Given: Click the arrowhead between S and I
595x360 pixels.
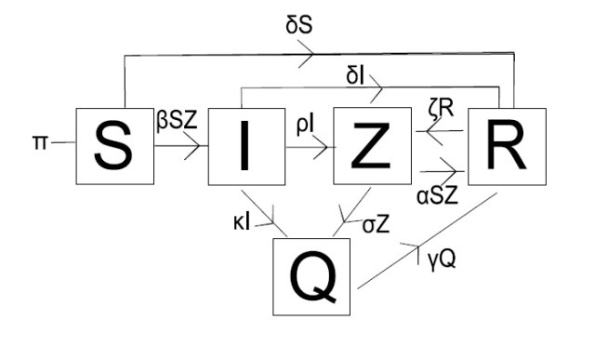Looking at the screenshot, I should click(x=193, y=144).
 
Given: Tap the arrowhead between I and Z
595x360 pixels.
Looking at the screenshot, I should click(x=323, y=145).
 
